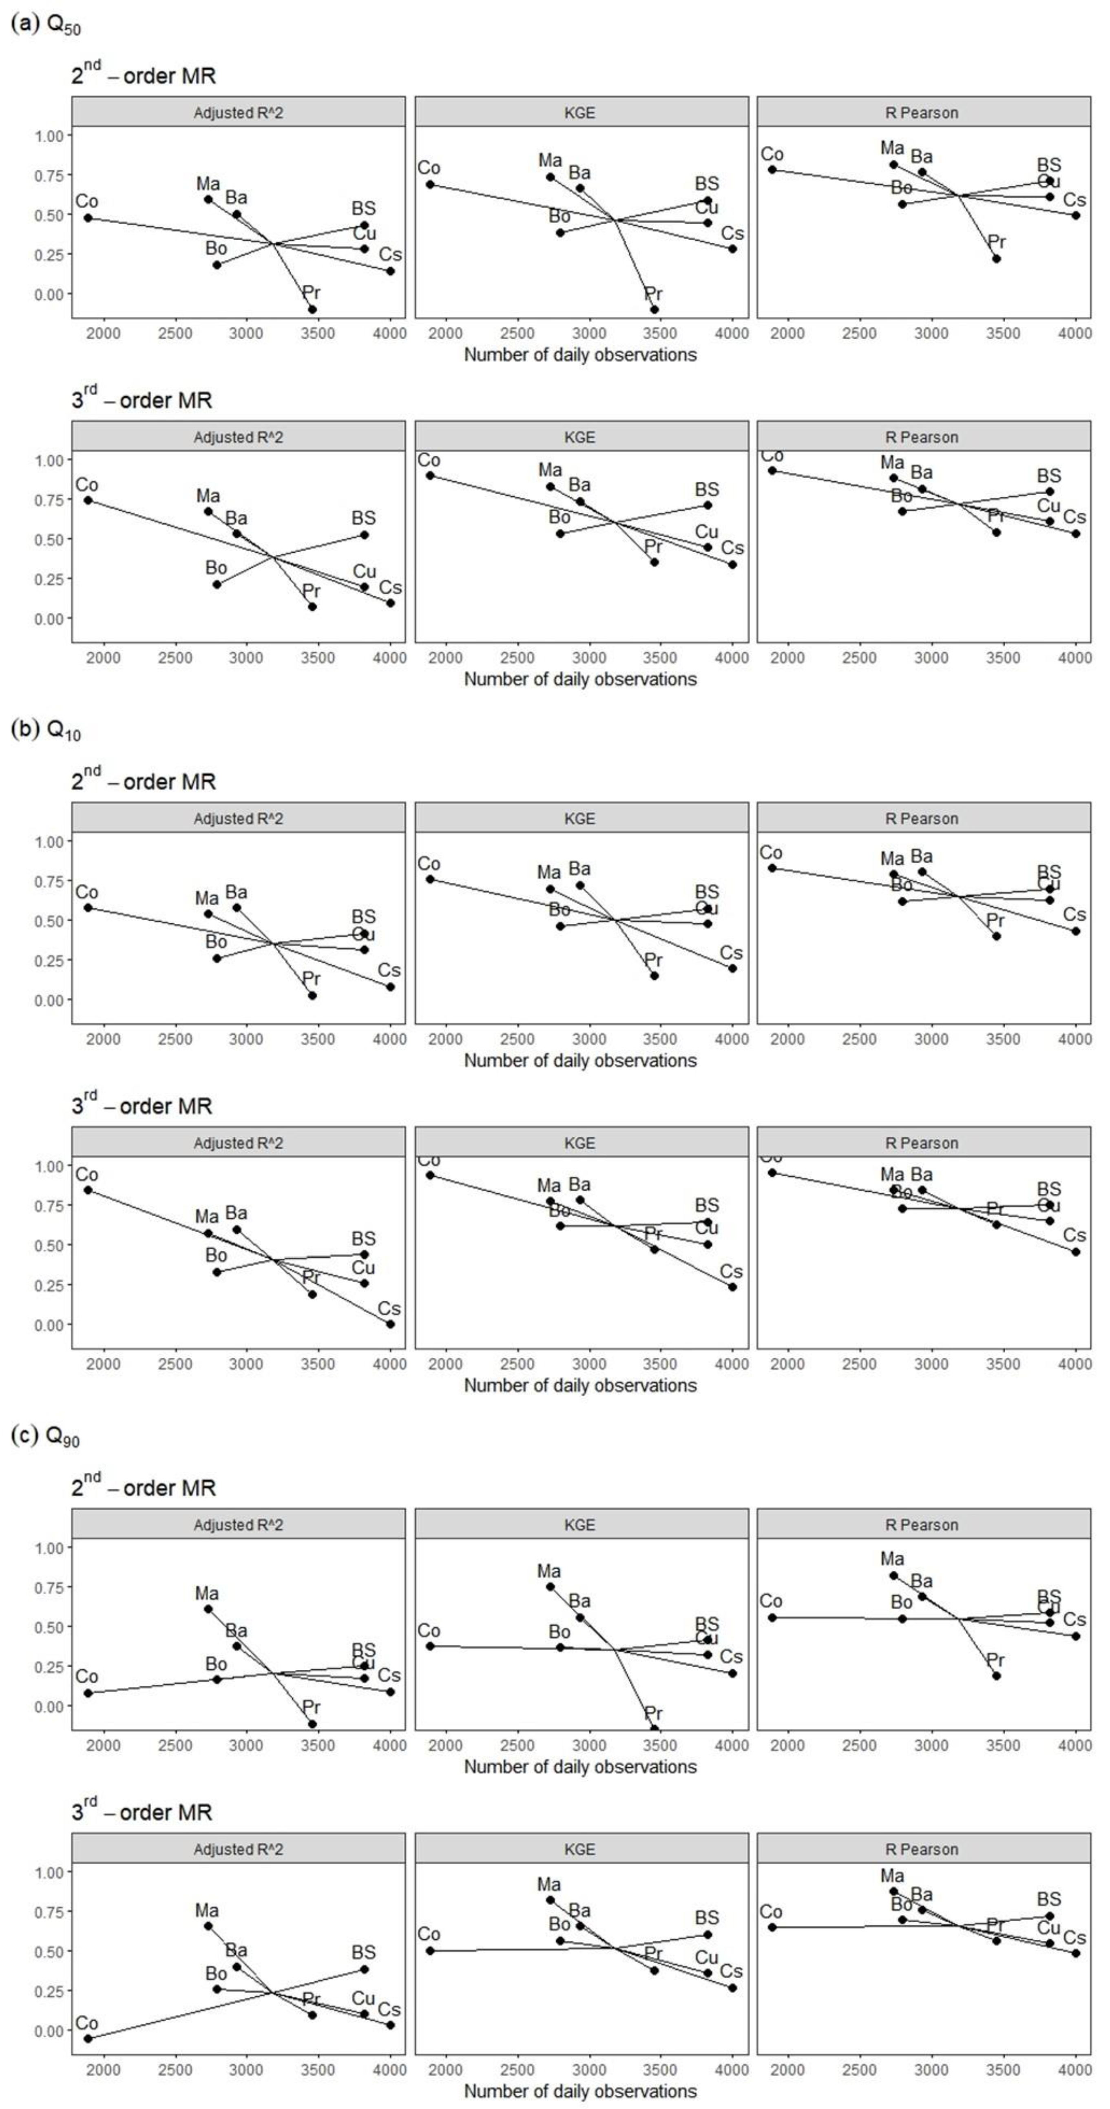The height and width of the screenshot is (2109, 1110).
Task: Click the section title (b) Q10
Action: point(46,731)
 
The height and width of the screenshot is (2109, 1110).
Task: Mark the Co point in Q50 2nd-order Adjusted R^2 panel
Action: point(88,218)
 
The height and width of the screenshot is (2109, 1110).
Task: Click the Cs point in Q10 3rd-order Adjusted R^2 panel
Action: point(391,1324)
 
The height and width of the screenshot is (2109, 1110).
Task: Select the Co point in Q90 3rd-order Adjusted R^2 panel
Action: point(88,2038)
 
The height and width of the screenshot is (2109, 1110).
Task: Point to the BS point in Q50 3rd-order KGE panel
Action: point(707,505)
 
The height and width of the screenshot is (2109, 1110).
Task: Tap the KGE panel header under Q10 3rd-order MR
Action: point(580,1143)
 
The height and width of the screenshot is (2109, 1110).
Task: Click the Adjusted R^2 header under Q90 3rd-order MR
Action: point(238,1850)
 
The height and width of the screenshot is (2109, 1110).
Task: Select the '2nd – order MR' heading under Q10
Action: point(143,781)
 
